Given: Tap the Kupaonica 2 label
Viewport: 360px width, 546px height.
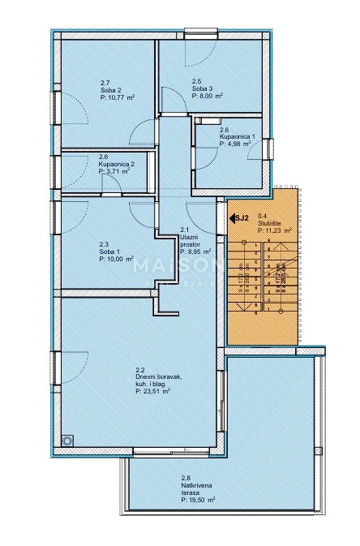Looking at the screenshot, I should [x=118, y=164].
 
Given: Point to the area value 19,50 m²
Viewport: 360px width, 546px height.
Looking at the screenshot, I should [x=199, y=501].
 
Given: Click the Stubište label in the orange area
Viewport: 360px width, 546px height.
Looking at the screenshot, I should [x=268, y=223].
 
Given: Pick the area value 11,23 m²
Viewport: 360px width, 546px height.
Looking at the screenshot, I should [x=276, y=230].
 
